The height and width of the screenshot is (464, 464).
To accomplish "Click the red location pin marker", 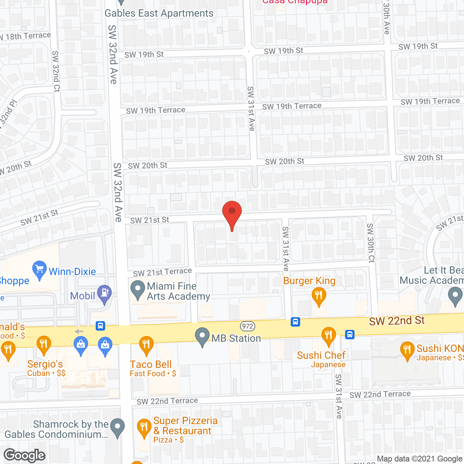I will click(232, 212).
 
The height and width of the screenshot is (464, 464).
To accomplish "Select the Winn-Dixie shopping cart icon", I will click(39, 269).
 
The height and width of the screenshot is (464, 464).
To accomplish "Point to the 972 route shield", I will click(248, 326).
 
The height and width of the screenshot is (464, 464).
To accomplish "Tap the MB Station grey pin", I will click(202, 336).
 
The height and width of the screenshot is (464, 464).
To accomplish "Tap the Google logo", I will click(25, 455).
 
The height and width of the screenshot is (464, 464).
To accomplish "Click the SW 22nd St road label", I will click(397, 321).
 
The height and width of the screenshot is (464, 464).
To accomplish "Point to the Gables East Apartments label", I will click(159, 13).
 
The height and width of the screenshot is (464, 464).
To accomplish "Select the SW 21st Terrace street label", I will click(162, 272).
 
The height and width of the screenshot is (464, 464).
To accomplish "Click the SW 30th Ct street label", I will click(370, 243).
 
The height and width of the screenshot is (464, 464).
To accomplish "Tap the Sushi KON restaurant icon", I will click(407, 350).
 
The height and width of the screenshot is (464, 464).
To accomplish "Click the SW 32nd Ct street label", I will click(56, 71).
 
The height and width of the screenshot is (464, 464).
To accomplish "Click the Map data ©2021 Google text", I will click(419, 459).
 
